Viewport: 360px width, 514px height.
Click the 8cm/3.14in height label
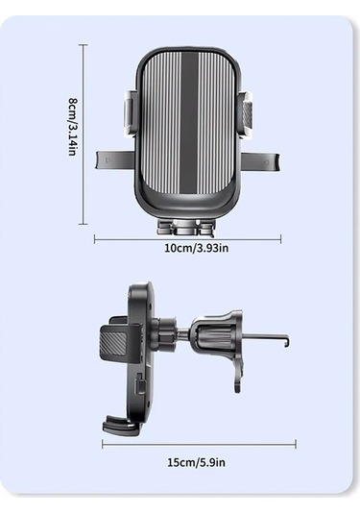[x=72, y=127]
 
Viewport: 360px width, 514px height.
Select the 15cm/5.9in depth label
[x=196, y=462]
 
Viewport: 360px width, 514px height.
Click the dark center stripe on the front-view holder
[x=189, y=125]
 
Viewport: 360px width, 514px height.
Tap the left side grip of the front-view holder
[x=131, y=113]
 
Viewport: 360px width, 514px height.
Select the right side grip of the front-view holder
[x=247, y=113]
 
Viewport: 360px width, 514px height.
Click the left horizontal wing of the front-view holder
[x=113, y=161]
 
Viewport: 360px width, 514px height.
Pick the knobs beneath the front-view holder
[x=187, y=227]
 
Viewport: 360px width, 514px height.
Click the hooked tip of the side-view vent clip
[x=285, y=339]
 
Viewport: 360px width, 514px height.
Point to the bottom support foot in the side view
[x=123, y=424]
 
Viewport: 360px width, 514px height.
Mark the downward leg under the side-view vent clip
[x=237, y=375]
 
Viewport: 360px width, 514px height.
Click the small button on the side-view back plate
[x=141, y=386]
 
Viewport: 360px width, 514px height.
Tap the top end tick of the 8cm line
[x=84, y=45]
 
